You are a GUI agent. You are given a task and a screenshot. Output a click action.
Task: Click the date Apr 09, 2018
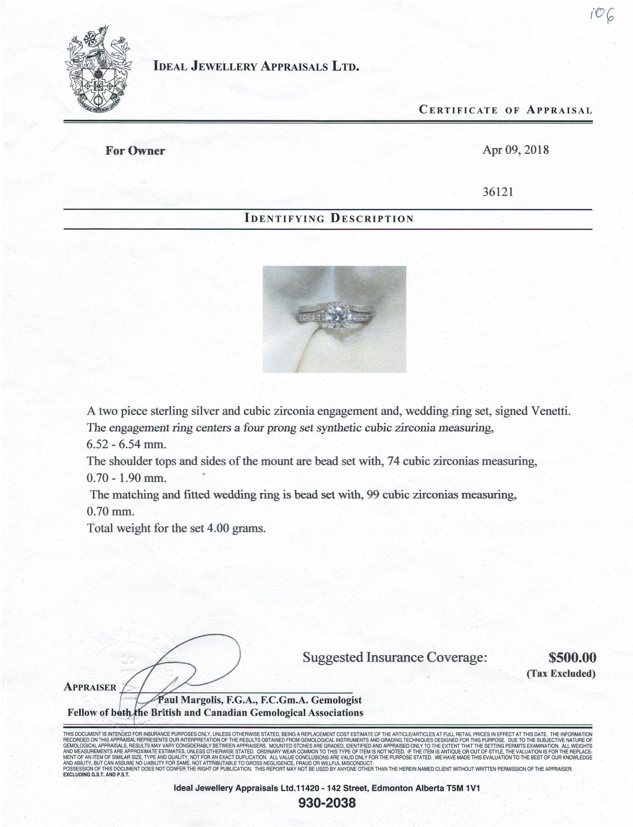515,150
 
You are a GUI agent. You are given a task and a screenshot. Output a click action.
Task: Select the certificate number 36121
497,192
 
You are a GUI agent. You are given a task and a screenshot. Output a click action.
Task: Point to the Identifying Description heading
329,218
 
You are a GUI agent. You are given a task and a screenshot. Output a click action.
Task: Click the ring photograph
334,319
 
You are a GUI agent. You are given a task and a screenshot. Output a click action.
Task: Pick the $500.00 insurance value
572,658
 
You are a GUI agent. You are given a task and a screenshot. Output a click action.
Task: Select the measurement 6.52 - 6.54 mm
126,445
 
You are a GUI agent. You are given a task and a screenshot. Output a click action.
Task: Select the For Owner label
135,151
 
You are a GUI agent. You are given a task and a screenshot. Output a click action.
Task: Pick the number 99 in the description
370,495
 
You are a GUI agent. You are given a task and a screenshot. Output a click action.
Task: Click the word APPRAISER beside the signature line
90,687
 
